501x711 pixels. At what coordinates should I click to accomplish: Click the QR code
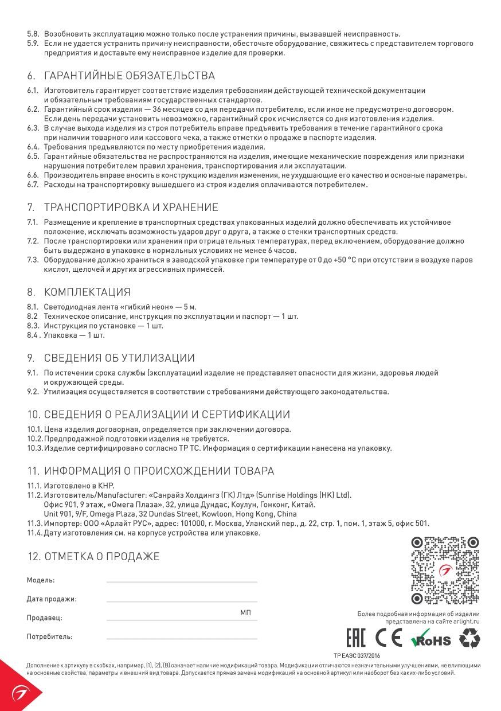pyautogui.click(x=445, y=571)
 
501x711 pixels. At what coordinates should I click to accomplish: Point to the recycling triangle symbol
pyautogui.click(x=470, y=638)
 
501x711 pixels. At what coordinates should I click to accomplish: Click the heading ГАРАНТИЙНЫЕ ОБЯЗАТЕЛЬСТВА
pyautogui.click(x=129, y=76)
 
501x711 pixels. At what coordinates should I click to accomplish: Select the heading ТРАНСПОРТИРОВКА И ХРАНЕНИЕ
pyautogui.click(x=131, y=207)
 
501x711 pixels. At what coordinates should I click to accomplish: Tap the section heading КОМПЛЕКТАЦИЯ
pyautogui.click(x=87, y=292)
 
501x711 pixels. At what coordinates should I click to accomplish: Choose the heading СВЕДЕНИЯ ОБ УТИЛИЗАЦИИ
pyautogui.click(x=119, y=358)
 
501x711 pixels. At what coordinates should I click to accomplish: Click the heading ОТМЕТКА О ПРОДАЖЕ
pyautogui.click(x=101, y=556)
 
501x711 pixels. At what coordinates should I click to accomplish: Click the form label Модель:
pyautogui.click(x=41, y=580)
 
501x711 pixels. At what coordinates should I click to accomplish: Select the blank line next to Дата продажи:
pyautogui.click(x=182, y=601)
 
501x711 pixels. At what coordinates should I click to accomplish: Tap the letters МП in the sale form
pyautogui.click(x=245, y=613)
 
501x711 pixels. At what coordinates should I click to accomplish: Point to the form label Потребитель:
pyautogui.click(x=49, y=636)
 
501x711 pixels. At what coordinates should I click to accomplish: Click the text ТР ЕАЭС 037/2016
pyautogui.click(x=357, y=655)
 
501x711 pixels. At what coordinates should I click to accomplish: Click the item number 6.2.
pyautogui.click(x=33, y=109)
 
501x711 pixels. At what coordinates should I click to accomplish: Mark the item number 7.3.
pyautogui.click(x=33, y=260)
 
